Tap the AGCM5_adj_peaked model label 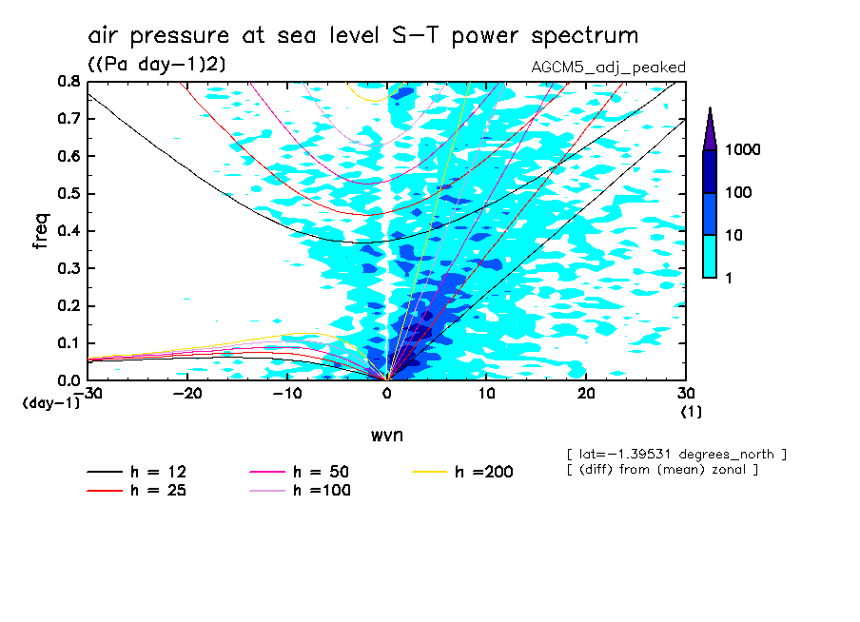tap(609, 68)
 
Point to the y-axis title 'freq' tap(42, 230)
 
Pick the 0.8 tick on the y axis tap(68, 82)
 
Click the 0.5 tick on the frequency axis tap(68, 194)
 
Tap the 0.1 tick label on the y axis tap(68, 343)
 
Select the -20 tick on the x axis tap(187, 394)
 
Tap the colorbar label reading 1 tap(733, 277)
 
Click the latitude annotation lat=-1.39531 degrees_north tap(676, 455)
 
